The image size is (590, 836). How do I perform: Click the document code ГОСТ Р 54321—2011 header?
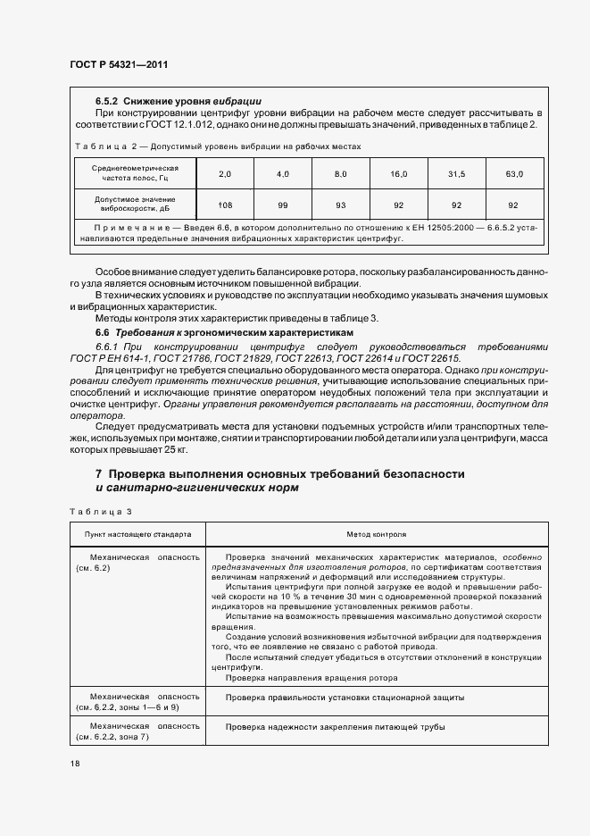(118, 64)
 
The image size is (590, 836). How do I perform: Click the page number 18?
(73, 764)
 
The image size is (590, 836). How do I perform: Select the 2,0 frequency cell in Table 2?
(225, 173)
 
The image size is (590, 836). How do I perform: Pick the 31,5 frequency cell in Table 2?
(457, 173)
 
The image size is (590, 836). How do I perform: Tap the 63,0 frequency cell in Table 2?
(514, 173)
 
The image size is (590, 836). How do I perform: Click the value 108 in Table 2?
(225, 205)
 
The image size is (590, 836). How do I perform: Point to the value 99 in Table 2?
(283, 205)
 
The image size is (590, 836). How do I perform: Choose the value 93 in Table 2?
(340, 205)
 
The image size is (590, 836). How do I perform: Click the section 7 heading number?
(99, 472)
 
